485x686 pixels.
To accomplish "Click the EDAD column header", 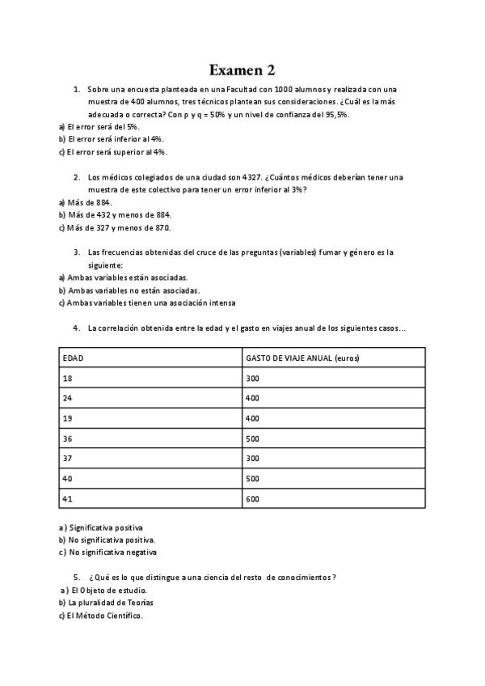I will coord(74,357).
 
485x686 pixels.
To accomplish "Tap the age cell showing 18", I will coord(68,378).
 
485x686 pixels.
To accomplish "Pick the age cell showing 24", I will coord(68,398).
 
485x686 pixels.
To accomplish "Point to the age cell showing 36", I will coord(68,438).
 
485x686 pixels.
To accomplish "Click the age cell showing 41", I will coord(68,499).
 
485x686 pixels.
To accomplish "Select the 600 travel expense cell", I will coord(252,499).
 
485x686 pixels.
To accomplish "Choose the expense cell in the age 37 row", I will coord(252,459).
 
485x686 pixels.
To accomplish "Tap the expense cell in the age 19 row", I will coord(252,418).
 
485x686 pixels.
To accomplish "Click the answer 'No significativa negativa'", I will coord(112,553).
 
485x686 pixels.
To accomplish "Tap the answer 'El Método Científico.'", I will coord(104,616).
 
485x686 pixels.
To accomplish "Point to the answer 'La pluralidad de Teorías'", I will coord(111,603).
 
